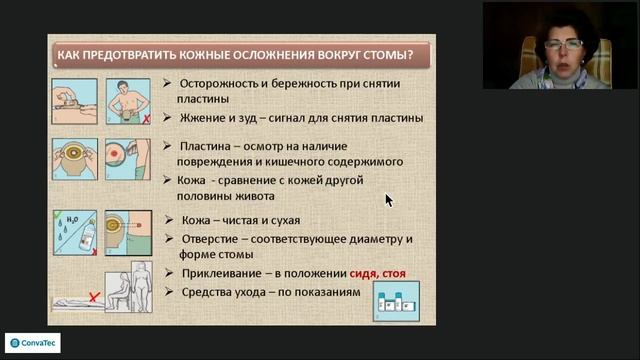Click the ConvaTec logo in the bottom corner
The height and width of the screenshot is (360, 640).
pos(33,341)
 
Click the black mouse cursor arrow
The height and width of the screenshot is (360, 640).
pos(389,199)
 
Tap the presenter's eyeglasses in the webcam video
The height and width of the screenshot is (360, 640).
pos(563,45)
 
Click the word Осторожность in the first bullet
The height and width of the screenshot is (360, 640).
pos(222,84)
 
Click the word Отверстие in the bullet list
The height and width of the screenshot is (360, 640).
pos(214,239)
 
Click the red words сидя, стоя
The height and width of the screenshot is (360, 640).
pos(378,272)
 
